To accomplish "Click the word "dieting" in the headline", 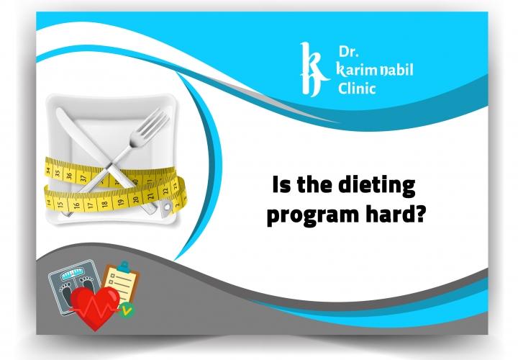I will coord(377,186).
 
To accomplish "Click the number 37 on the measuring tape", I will coord(84,175).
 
